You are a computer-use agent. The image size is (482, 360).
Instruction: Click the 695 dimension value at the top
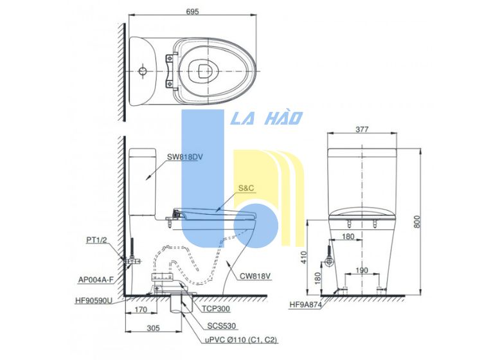coord(192,12)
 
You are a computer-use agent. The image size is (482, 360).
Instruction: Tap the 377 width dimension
coord(362,129)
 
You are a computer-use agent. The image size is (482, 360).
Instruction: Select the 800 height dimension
coord(417,221)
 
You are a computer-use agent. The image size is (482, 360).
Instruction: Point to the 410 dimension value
coord(304,257)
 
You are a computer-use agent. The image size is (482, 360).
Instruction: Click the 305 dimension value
coord(153,328)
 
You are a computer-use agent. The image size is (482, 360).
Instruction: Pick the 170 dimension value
coord(141,309)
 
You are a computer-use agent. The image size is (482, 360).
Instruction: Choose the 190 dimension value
coord(361,270)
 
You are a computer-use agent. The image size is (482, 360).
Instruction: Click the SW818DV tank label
coord(184,157)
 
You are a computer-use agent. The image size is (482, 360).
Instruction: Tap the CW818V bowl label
coord(255,276)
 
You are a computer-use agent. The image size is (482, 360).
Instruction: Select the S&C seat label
coord(246,188)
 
